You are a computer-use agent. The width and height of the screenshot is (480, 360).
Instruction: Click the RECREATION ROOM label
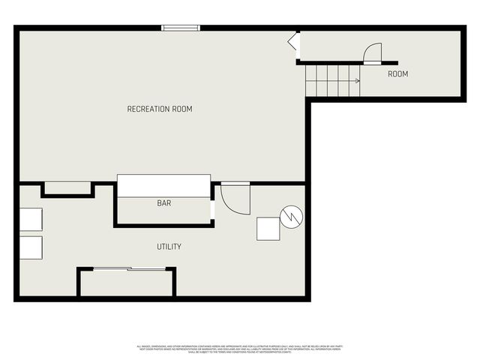coord(160,109)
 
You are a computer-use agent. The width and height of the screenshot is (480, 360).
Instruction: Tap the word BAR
coord(163,203)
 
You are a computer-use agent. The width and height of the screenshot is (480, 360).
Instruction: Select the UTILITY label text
coord(169,247)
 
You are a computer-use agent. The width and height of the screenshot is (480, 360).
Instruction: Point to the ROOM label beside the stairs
coord(397,74)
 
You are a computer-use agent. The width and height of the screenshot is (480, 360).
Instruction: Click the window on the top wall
coord(181,28)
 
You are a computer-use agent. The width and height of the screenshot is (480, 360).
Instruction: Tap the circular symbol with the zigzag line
coord(290,217)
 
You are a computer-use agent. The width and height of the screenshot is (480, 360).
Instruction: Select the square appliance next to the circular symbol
coord(268,228)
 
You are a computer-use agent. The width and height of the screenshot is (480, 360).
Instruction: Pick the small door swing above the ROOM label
coord(372,54)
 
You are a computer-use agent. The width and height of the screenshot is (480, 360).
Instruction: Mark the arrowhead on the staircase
coord(357,80)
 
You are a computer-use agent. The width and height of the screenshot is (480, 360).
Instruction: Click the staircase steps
coord(333,80)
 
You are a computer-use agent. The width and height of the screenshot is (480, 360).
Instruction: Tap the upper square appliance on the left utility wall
coord(31,219)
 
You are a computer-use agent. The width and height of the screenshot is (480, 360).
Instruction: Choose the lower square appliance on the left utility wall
coord(31,247)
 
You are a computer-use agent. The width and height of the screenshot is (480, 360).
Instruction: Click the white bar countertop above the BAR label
coord(163,185)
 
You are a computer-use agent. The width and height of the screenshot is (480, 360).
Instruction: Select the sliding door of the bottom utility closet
coord(126,268)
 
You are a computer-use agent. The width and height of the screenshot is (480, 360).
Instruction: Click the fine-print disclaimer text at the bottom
coord(239,348)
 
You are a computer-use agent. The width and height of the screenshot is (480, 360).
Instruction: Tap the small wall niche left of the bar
coord(67,187)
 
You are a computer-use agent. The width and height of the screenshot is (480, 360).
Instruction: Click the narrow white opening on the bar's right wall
coord(213,211)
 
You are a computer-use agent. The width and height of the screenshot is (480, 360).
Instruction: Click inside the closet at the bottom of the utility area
coord(126,283)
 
